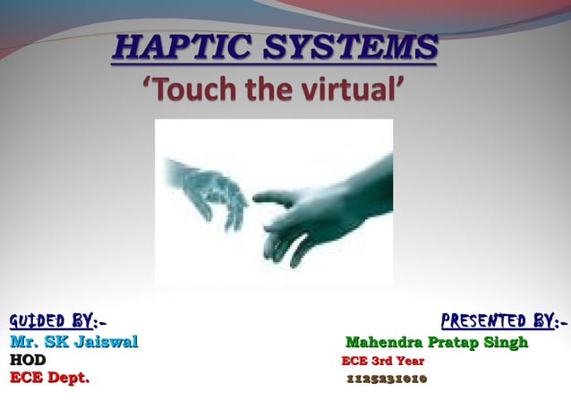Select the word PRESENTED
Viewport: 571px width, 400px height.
(487, 321)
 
